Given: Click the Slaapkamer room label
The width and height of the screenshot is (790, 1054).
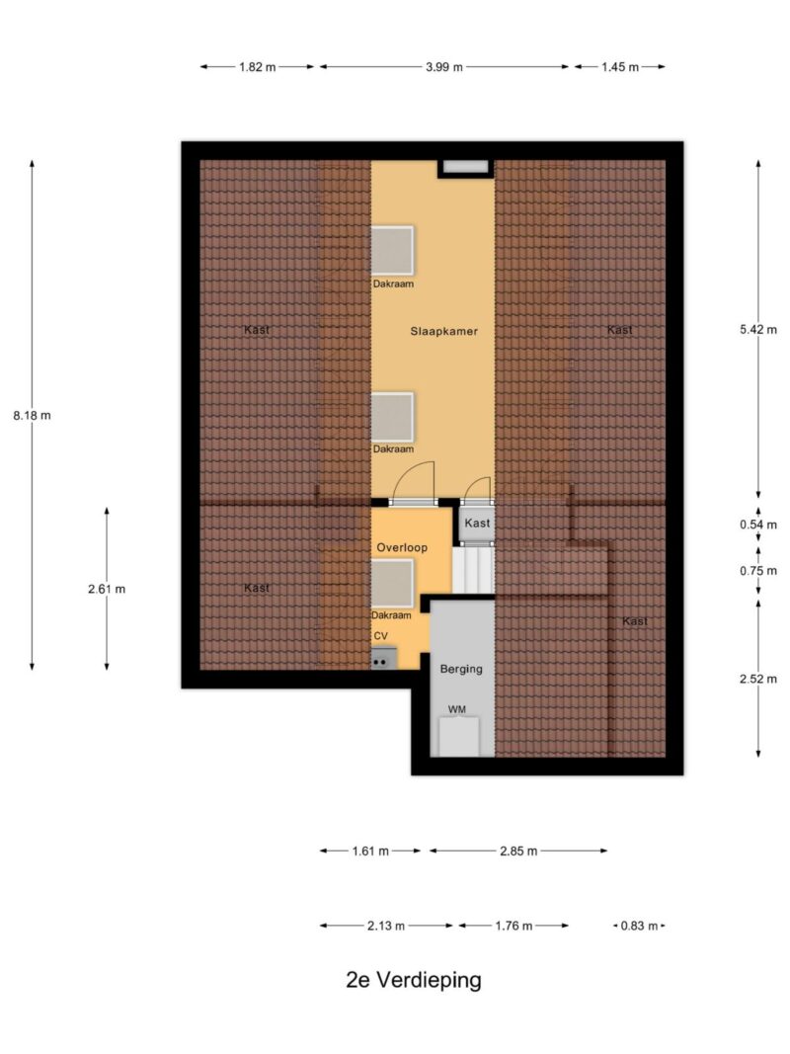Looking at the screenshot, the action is click(444, 331).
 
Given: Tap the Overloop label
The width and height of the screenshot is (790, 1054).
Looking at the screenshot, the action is click(402, 547).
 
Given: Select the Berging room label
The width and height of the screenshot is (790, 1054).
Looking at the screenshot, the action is click(461, 669).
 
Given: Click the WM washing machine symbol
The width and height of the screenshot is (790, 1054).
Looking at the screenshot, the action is click(459, 737).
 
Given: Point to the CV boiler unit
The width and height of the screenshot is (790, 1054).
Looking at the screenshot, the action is click(383, 659).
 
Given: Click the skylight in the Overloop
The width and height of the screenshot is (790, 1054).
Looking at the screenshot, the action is click(392, 584).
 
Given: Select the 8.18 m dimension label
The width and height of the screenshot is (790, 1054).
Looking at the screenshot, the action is click(33, 416).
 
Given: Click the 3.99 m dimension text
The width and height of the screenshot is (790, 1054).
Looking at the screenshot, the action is click(444, 66).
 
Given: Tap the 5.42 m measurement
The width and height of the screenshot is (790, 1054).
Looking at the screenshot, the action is click(758, 329).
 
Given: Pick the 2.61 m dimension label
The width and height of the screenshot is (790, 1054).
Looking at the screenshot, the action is click(107, 589).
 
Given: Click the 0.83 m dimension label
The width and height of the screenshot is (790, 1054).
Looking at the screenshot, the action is click(639, 926).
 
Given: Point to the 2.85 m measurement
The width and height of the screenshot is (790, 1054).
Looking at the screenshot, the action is click(518, 851).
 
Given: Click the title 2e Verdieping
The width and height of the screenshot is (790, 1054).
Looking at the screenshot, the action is click(414, 980).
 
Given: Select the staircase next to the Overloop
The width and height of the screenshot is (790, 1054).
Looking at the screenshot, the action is click(473, 569).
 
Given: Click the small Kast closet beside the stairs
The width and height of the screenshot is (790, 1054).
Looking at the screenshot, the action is click(477, 523).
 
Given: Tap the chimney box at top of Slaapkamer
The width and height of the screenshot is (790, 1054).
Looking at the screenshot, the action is click(465, 168).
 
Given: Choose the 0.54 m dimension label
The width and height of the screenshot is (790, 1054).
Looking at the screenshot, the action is click(758, 525).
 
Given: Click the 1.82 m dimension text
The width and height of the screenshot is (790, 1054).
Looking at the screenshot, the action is click(258, 66).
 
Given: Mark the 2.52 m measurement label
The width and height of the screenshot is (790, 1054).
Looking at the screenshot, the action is click(758, 679).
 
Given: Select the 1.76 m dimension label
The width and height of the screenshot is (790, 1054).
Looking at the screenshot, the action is click(513, 926).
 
